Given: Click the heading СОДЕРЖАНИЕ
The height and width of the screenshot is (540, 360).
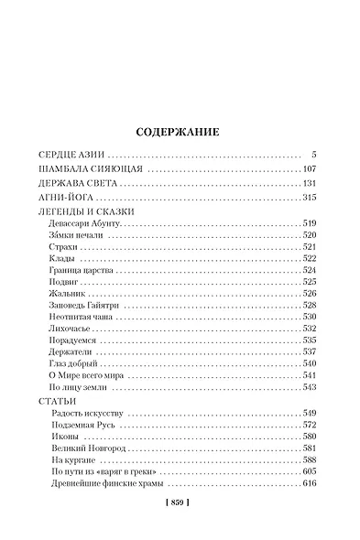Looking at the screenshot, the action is click(x=179, y=130).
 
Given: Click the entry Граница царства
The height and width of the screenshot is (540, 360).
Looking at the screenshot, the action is click(x=82, y=271).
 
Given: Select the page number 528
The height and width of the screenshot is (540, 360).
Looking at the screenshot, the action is click(x=309, y=306).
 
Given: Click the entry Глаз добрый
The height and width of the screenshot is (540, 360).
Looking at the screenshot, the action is click(x=75, y=363).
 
